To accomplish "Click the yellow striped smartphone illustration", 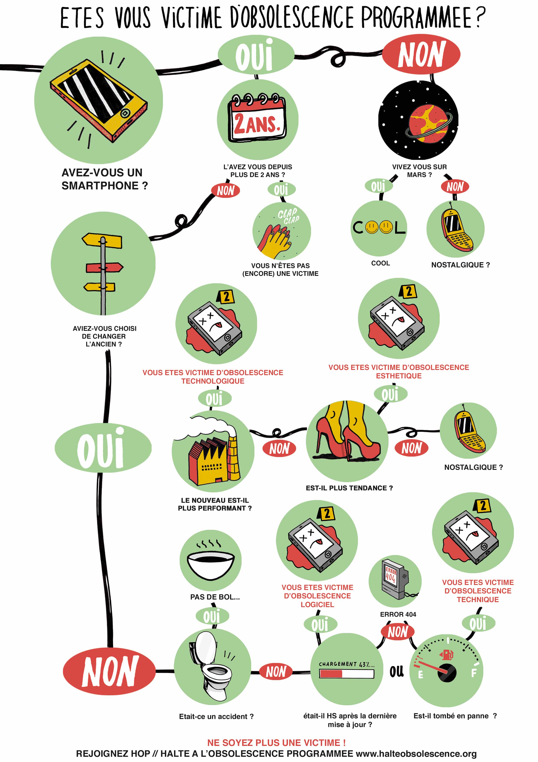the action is click(x=98, y=101).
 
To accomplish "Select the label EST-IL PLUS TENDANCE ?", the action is click(x=349, y=488).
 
